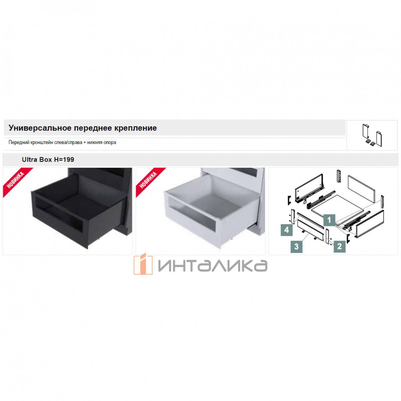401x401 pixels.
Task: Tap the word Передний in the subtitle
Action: pos(19,143)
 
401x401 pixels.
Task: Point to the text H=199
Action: pos(64,159)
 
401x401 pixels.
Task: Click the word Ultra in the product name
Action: pos(28,159)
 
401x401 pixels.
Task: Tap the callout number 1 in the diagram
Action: pos(329,220)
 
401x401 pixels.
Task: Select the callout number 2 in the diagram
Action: pos(340,246)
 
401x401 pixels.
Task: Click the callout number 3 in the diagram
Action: pos(296,247)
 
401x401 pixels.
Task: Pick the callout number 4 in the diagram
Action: pos(286,230)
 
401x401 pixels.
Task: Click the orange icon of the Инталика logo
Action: pos(143,264)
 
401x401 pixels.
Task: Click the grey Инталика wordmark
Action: pos(213,266)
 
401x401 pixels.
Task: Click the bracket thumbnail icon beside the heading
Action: pos(372,135)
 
